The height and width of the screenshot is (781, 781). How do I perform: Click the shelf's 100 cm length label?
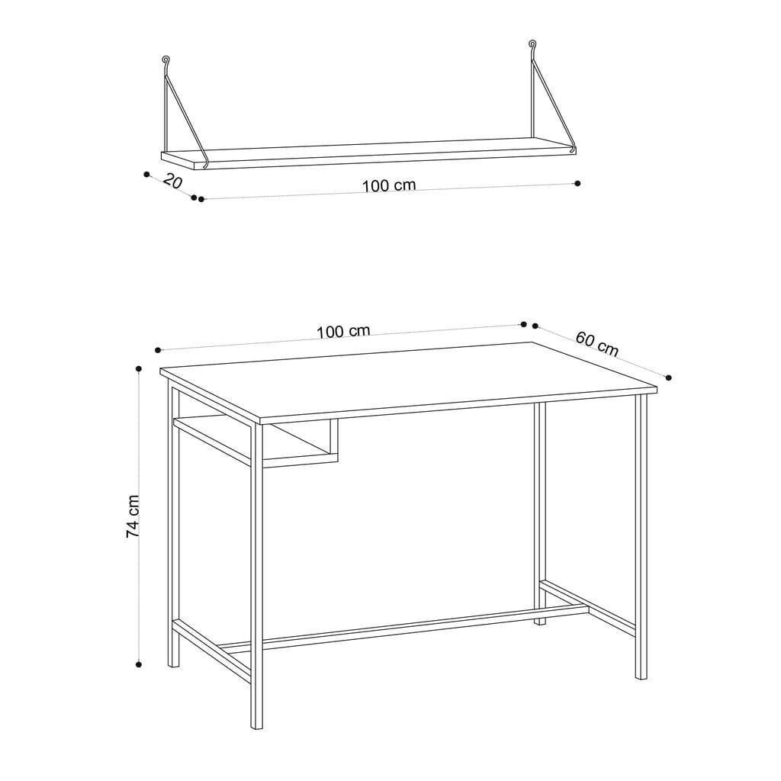click(x=389, y=185)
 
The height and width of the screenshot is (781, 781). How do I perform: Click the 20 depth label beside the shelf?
click(x=173, y=182)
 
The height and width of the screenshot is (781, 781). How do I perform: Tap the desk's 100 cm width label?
click(x=343, y=331)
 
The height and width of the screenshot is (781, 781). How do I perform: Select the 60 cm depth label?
click(x=596, y=343)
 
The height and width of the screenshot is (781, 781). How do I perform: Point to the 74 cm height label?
click(x=133, y=516)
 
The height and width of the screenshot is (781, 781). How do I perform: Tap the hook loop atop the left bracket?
click(x=166, y=59)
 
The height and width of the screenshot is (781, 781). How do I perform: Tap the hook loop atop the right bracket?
click(x=532, y=45)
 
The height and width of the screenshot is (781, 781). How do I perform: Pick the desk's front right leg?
click(x=641, y=534)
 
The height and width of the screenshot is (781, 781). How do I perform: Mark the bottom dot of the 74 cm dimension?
click(x=139, y=664)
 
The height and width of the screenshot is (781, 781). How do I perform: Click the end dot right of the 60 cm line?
click(x=668, y=377)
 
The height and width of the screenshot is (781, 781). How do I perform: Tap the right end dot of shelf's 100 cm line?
click(x=577, y=183)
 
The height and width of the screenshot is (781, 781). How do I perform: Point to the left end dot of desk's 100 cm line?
click(x=158, y=350)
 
